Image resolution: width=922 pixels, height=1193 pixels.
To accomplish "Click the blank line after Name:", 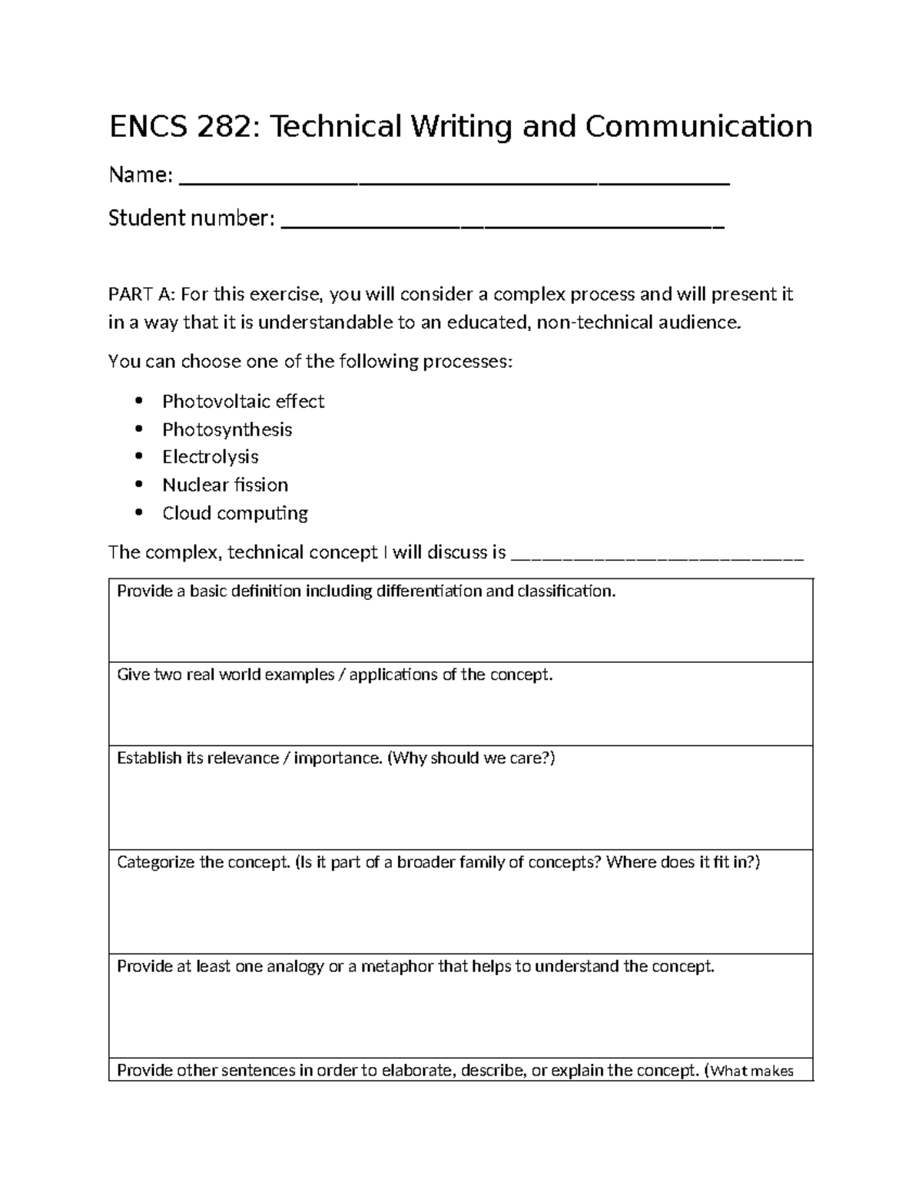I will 453,178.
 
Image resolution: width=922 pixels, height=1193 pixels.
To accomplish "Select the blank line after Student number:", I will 503,221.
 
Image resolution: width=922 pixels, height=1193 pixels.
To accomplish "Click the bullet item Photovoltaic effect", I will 243,402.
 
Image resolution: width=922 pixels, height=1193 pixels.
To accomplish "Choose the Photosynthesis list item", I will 227,429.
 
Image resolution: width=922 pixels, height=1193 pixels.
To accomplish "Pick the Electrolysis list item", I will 210,457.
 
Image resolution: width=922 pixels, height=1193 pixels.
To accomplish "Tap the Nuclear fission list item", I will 225,485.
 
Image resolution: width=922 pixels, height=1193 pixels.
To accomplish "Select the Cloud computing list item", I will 234,513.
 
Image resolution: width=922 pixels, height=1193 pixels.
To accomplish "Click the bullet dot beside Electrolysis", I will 138,456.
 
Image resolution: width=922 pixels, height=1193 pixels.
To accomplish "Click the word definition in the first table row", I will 267,592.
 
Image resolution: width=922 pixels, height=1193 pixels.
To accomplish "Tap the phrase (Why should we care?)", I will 470,758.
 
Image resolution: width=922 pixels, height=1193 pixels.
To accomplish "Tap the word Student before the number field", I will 147,219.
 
